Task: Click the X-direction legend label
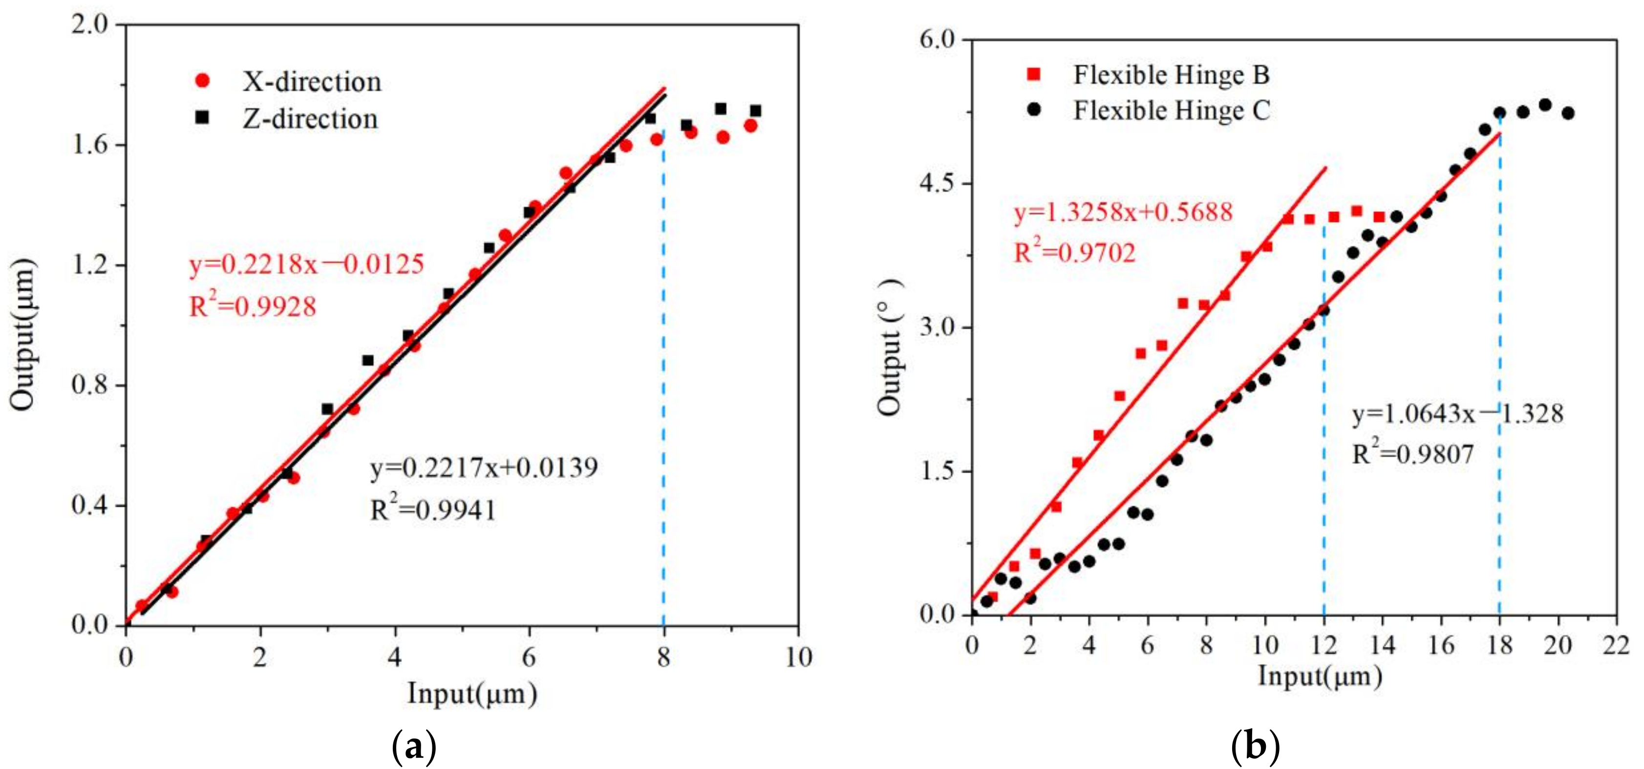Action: (311, 82)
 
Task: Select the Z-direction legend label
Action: (310, 119)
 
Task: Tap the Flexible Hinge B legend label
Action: (1171, 75)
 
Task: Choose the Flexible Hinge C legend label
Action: (1171, 110)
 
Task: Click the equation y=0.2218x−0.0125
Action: (306, 264)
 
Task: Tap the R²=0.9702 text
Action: (1075, 253)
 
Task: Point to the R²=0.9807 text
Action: (1413, 454)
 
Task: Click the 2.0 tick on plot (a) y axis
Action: (91, 25)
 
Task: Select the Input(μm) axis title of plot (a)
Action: (472, 694)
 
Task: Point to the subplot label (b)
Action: (1255, 746)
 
